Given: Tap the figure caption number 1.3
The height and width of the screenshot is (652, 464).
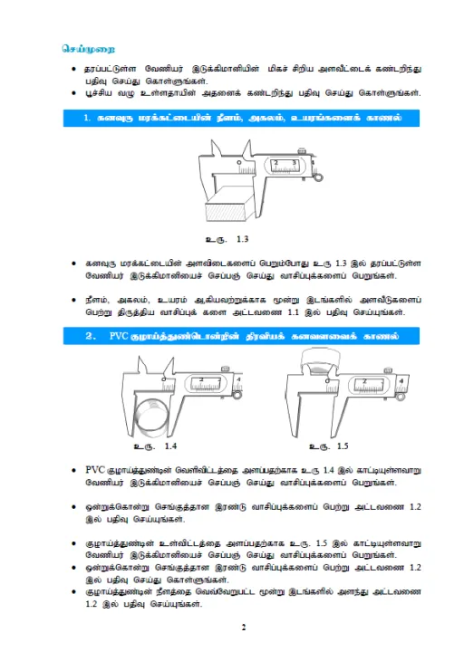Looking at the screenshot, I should coord(242,240).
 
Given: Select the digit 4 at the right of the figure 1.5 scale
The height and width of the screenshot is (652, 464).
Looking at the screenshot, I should coord(401,381).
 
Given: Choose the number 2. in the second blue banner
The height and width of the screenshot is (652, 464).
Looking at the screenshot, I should coord(89,336).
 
